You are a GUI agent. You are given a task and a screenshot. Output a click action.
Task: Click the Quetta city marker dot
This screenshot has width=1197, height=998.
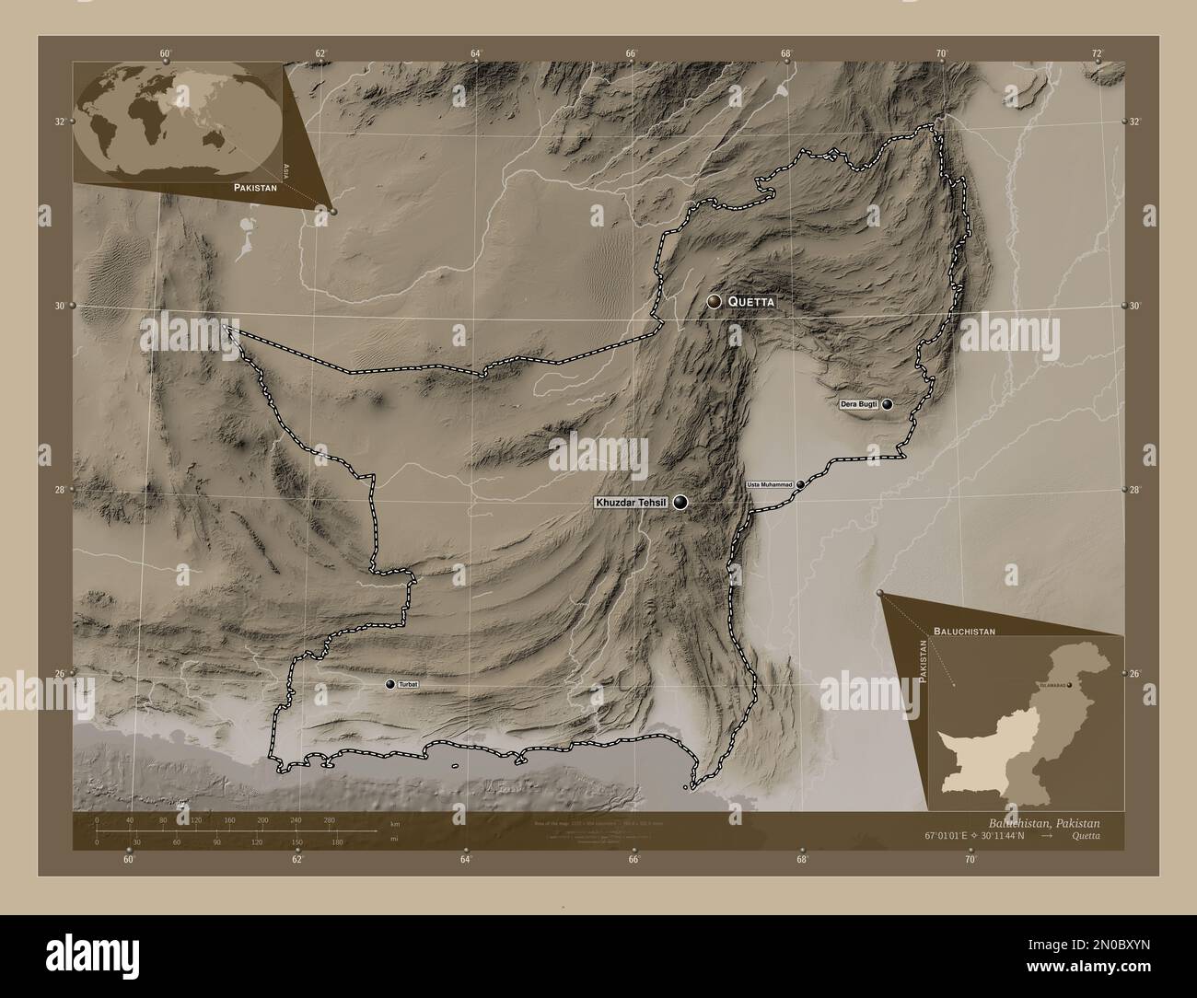pyautogui.click(x=714, y=301)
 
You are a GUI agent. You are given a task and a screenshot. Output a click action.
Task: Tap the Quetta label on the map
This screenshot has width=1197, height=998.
pyautogui.click(x=751, y=302)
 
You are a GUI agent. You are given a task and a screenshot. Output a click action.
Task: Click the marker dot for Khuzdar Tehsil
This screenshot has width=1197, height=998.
pyautogui.click(x=680, y=502)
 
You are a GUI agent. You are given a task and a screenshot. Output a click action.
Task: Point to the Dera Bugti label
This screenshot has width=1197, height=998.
pyautogui.click(x=858, y=404)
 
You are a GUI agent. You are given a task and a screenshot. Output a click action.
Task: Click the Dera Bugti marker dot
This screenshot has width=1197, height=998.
pyautogui.click(x=888, y=404)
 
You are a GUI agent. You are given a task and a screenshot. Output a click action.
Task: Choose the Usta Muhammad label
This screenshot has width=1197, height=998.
pyautogui.click(x=769, y=484)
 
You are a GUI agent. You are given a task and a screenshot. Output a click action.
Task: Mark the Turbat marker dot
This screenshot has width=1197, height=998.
pyautogui.click(x=390, y=684)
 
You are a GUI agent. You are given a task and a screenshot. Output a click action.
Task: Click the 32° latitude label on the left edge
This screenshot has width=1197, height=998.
pyautogui.click(x=60, y=122)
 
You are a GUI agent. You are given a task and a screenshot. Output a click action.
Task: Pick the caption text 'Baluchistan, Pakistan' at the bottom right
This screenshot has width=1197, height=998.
pyautogui.click(x=1043, y=821)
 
